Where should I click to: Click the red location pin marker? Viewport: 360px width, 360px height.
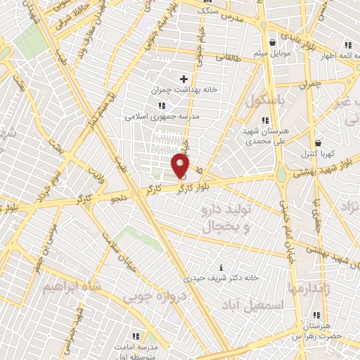pos(181,166)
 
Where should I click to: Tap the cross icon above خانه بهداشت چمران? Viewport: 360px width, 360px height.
pos(184,79)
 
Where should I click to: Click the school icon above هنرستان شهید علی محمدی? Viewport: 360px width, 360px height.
pos(265,120)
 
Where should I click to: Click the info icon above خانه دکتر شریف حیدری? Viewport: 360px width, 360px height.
pos(222,267)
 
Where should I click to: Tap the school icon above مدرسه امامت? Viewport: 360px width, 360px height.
pos(136,337)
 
